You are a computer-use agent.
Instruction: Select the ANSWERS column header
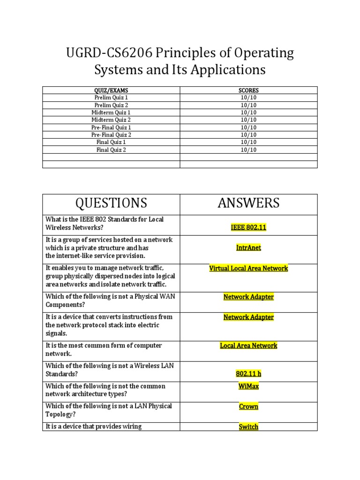tap(248, 203)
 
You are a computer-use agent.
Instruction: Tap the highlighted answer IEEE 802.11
tap(248, 227)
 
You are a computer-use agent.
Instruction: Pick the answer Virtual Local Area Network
tap(248, 268)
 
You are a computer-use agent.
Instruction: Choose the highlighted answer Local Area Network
tap(248, 345)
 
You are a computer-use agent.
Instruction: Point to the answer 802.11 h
tap(248, 374)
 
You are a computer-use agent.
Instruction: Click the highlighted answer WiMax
tap(248, 386)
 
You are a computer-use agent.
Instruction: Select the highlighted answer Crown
tap(248, 406)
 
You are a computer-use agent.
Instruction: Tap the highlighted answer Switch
tap(248, 427)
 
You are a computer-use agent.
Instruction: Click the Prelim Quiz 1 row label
tap(111, 97)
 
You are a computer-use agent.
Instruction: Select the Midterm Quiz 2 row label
tap(111, 120)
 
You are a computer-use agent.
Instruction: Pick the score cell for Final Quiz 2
tap(248, 150)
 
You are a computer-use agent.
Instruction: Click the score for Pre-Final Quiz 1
tap(248, 127)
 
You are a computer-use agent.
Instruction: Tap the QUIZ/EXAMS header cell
tap(111, 90)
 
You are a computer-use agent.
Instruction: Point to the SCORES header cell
tap(248, 90)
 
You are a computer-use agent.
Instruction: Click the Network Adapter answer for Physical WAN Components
tap(248, 297)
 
